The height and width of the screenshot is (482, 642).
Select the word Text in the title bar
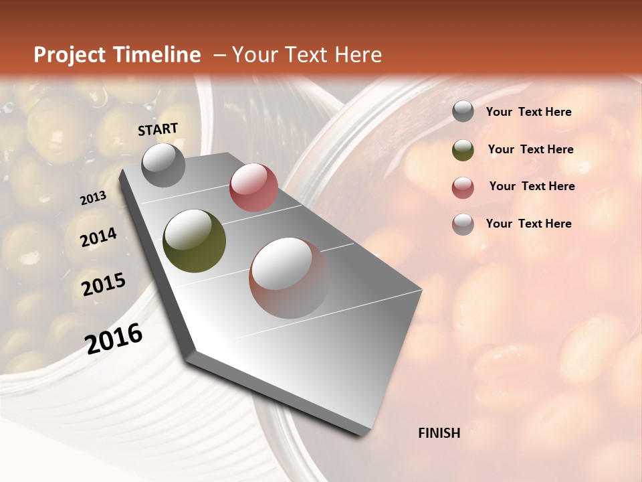(x=306, y=55)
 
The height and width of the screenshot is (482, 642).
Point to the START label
(x=158, y=129)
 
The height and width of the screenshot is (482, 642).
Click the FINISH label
(x=439, y=433)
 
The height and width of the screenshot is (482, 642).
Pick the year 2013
(x=93, y=198)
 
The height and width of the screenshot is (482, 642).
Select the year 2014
(x=99, y=238)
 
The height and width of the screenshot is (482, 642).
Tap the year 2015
(x=104, y=285)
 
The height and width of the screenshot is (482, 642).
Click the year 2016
(x=114, y=338)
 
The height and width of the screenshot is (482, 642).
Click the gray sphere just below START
(x=164, y=165)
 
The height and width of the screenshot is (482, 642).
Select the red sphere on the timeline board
(x=253, y=187)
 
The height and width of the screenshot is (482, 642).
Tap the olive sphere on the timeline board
(x=194, y=240)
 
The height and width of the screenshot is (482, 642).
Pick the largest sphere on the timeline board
(x=289, y=277)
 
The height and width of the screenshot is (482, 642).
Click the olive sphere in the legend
(x=463, y=150)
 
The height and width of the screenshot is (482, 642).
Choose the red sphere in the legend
(x=463, y=187)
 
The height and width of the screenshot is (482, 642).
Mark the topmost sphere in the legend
(x=463, y=112)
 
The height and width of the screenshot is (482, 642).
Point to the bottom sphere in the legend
(x=463, y=224)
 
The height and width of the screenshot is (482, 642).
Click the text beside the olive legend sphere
(x=530, y=149)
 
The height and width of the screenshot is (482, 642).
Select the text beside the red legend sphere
(x=532, y=186)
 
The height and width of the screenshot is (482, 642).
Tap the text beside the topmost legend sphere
(x=528, y=112)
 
